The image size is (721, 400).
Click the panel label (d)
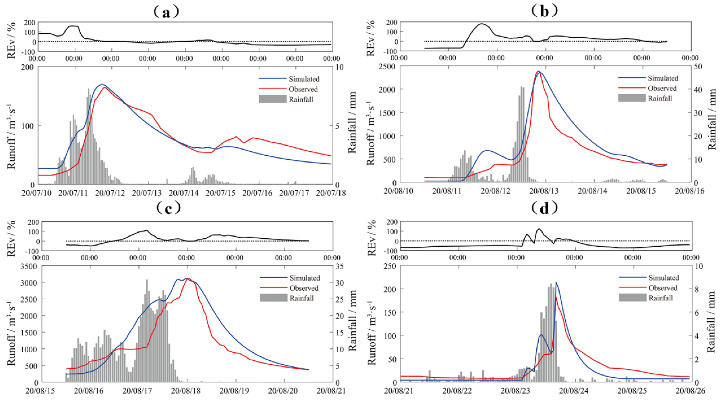click(544, 208)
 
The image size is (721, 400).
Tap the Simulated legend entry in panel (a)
click(304, 79)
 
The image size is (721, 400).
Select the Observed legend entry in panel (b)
click(662, 88)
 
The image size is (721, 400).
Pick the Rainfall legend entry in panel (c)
click(301, 298)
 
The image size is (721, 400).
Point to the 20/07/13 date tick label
click(147, 193)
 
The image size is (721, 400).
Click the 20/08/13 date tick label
click(544, 191)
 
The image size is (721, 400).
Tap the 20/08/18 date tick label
click(186, 390)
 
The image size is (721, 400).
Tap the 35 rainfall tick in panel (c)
click(340, 266)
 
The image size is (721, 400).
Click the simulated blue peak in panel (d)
click(556, 282)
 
